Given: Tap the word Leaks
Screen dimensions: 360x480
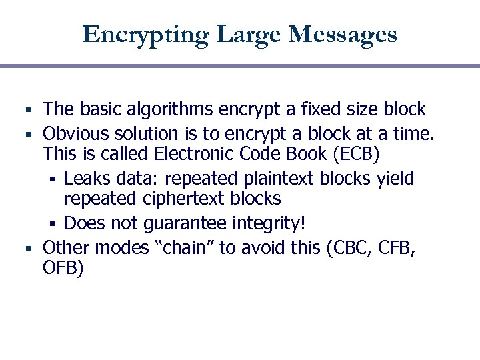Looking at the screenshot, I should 87,178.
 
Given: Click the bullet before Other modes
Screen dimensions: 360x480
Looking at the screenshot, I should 28,249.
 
